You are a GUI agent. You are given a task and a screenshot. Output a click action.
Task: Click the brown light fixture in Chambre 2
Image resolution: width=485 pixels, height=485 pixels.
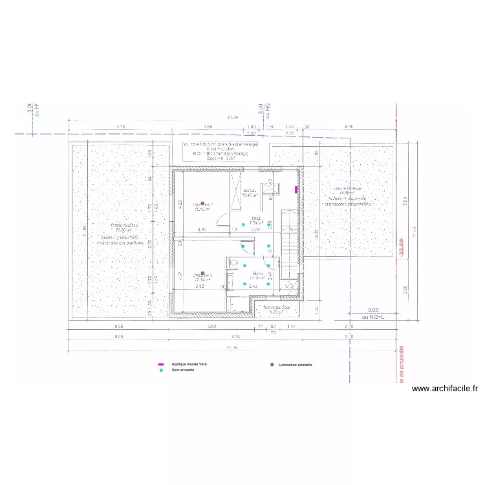click(x=203, y=203)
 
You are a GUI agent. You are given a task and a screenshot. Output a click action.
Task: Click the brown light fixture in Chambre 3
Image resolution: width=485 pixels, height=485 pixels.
click(x=203, y=273)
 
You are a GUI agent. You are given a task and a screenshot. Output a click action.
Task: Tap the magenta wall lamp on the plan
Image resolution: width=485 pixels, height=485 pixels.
click(x=297, y=189)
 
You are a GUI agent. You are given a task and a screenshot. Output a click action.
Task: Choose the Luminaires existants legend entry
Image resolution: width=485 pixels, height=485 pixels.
click(x=295, y=365)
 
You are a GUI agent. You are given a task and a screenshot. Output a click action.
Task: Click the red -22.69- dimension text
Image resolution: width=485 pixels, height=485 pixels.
click(x=401, y=246)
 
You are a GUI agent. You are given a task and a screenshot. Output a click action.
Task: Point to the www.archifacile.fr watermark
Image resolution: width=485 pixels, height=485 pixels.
click(x=445, y=389)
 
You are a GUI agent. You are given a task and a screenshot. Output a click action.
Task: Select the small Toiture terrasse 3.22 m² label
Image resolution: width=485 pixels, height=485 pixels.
click(x=277, y=309)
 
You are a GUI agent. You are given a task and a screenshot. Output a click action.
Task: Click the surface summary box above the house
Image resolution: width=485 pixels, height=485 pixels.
click(x=221, y=150)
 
